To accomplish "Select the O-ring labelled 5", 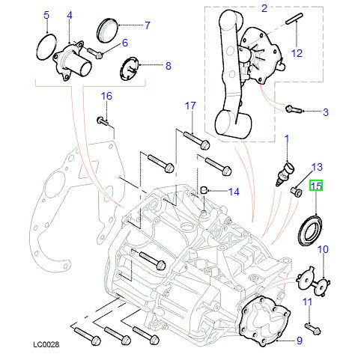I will click(46, 47).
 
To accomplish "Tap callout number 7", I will click(147, 25).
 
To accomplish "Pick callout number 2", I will click(264, 8).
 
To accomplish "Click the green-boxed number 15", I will click(316, 186).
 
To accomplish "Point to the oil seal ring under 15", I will click(309, 226).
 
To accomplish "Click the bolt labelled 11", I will click(312, 327).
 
